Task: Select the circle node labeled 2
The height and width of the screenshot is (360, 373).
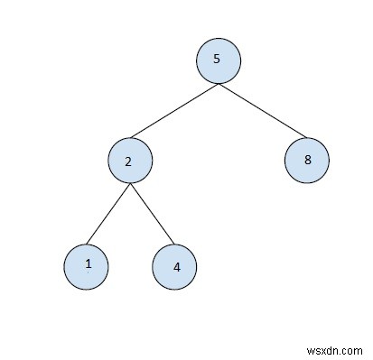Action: click(x=130, y=162)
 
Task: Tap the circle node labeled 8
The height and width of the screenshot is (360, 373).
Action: click(x=306, y=161)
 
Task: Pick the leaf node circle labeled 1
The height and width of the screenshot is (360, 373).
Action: click(x=86, y=265)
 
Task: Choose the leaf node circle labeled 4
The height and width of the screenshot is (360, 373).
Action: click(x=174, y=267)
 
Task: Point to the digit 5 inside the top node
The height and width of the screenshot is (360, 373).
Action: click(x=216, y=60)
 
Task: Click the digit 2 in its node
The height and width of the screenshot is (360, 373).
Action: click(x=128, y=162)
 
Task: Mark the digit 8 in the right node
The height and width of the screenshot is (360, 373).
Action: click(x=308, y=161)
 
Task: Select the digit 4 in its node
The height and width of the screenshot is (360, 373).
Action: click(x=177, y=267)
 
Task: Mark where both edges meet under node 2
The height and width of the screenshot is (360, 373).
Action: click(x=130, y=185)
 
